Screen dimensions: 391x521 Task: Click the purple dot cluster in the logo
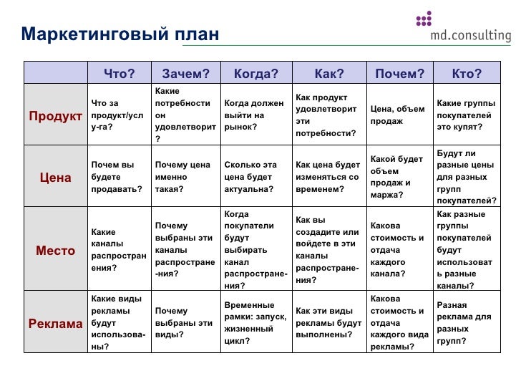(x=424, y=19)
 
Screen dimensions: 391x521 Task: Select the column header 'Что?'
(x=119, y=73)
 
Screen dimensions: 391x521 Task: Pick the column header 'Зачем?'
(x=185, y=73)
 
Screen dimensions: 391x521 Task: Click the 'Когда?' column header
(x=255, y=73)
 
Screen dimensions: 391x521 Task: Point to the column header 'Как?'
(x=329, y=73)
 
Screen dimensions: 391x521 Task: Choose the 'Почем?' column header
(x=399, y=73)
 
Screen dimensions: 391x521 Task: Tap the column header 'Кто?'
(x=467, y=73)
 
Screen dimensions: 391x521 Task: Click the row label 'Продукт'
(x=56, y=116)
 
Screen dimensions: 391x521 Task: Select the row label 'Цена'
(x=56, y=178)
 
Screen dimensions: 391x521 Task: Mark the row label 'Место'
(x=56, y=251)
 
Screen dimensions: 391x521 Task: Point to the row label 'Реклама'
(x=56, y=324)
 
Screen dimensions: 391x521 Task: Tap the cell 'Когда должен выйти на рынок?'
(x=255, y=115)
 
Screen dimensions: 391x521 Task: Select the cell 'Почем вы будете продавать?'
(x=117, y=177)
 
